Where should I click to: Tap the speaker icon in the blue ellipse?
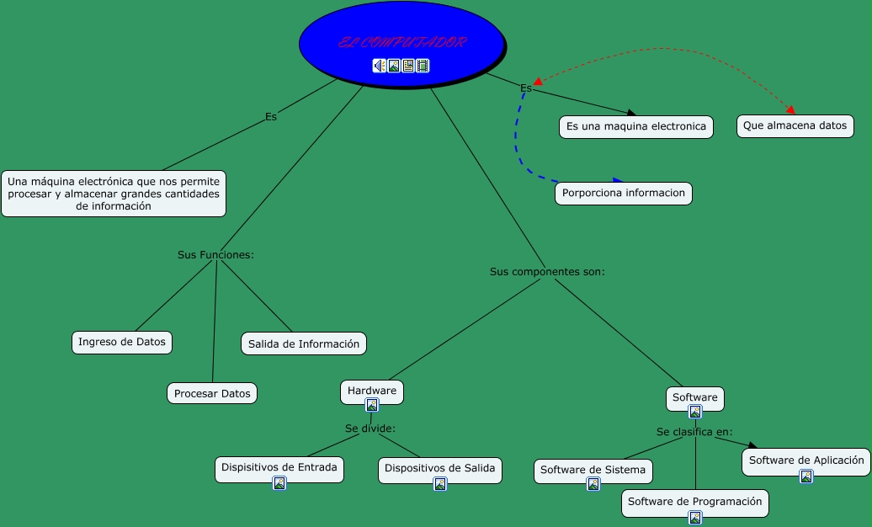(380, 66)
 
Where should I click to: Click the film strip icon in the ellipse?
(423, 66)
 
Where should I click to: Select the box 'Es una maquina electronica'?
(635, 127)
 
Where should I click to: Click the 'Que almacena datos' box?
(795, 126)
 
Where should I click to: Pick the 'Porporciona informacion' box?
(624, 193)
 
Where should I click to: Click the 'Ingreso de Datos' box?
(122, 342)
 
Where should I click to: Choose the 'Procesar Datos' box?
(212, 393)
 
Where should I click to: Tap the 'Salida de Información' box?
(304, 343)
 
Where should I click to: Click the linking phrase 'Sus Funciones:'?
(215, 254)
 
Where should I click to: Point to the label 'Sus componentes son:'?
(547, 272)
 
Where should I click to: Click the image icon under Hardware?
(372, 405)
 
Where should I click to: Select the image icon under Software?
(695, 412)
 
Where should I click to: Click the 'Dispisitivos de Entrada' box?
(279, 467)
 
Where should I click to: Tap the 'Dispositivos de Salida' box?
(439, 467)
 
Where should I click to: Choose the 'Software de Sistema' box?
(593, 470)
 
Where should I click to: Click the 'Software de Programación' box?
(694, 502)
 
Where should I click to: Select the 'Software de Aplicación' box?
(806, 460)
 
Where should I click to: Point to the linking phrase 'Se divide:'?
(370, 428)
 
